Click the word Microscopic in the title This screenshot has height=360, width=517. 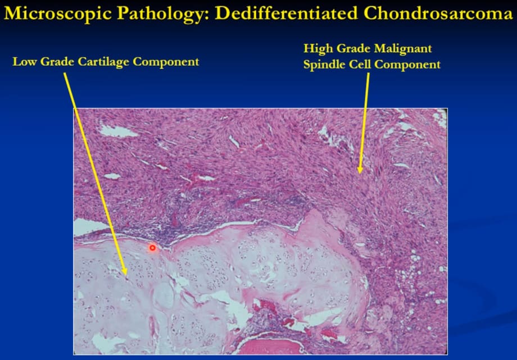click(x=57, y=14)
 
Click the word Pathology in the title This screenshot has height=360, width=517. click(x=160, y=14)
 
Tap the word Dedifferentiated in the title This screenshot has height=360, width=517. click(x=286, y=14)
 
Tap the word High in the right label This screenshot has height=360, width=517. click(x=316, y=49)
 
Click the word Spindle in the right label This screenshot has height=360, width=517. click(x=324, y=64)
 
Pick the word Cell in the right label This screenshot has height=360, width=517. click(x=360, y=64)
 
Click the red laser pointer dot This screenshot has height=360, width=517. click(x=152, y=248)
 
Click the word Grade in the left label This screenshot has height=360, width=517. click(x=57, y=62)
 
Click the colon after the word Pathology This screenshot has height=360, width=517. click(x=206, y=16)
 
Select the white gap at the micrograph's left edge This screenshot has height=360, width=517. click(x=89, y=227)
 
